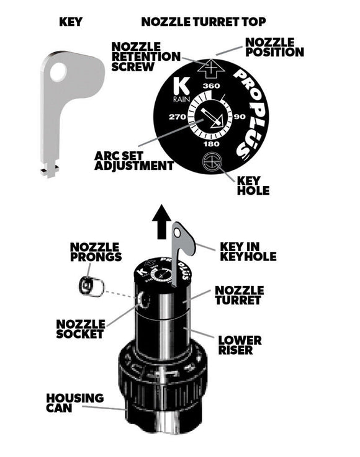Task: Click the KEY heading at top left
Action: (70, 22)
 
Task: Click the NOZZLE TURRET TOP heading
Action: (204, 22)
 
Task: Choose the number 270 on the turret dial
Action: (177, 117)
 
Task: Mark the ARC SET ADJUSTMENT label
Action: (134, 160)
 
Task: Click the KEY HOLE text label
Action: (253, 185)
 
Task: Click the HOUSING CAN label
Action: (75, 403)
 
